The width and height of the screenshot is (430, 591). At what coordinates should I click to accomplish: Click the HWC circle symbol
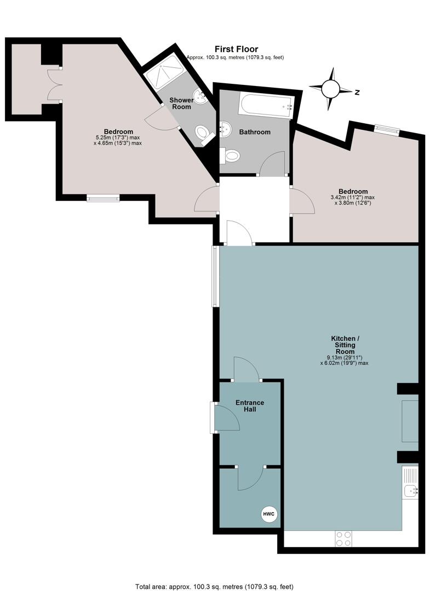[270, 514]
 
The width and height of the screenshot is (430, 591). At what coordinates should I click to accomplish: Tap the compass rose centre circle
[330, 89]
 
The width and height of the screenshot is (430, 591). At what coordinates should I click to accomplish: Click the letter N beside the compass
[357, 92]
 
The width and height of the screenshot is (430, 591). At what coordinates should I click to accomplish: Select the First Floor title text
[236, 49]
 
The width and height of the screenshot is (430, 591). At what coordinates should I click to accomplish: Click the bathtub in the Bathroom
[266, 105]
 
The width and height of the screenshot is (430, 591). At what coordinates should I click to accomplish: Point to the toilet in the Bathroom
[230, 156]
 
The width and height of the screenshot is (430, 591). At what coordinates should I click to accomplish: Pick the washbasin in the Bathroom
[225, 129]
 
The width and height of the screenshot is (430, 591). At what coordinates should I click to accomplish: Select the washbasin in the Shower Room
[200, 97]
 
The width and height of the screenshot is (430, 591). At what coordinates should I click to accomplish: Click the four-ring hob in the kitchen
[343, 538]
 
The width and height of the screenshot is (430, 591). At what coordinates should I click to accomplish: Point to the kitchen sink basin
[410, 491]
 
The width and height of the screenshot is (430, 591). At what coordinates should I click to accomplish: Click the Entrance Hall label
[250, 406]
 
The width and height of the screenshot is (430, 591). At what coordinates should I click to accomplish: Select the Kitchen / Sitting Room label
[345, 345]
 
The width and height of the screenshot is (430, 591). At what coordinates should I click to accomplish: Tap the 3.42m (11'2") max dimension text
[353, 197]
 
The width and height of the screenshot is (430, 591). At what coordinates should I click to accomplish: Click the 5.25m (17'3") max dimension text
[118, 137]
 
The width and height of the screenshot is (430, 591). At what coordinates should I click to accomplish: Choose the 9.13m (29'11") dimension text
[344, 358]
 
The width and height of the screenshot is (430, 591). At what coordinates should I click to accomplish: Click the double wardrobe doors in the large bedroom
[55, 84]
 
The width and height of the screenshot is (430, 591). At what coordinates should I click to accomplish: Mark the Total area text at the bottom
[214, 587]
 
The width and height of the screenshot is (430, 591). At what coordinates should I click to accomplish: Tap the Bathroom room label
[255, 132]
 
